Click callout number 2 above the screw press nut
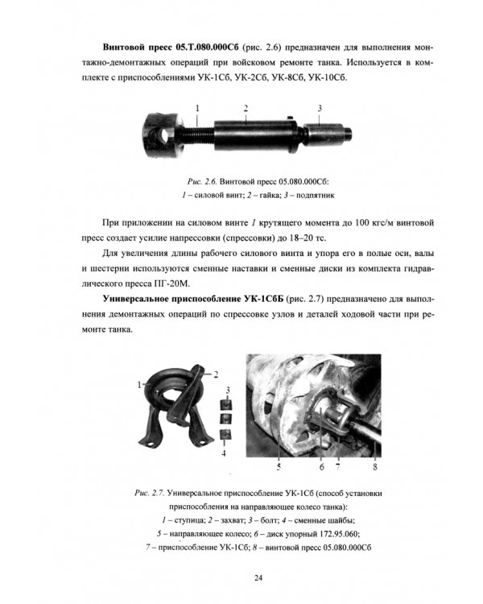[x=246, y=107]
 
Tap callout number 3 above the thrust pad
[x=319, y=107]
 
